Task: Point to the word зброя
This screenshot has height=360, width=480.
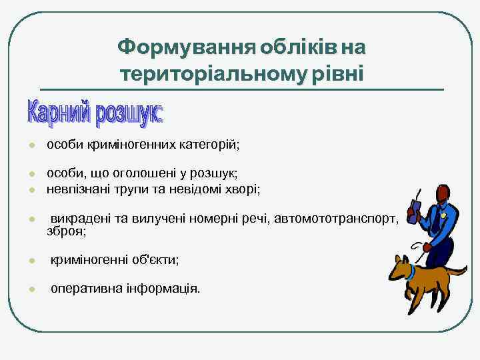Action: [66, 231]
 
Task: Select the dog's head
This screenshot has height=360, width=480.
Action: [401, 267]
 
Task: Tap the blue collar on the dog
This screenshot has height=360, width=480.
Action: [412, 272]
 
